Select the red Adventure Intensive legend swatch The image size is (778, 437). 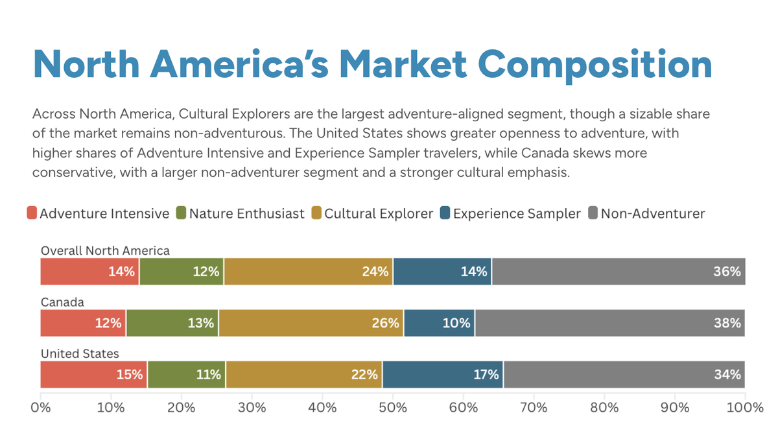coord(32,213)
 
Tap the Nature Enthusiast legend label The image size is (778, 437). coord(246,213)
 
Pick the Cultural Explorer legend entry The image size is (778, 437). coord(379,213)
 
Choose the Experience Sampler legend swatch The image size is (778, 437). coord(445,213)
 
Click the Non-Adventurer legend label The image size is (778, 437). coord(652,213)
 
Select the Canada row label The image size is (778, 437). coord(62,302)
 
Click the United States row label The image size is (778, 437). coord(80,354)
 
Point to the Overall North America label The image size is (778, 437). coord(105,250)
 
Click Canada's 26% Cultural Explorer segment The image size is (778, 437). coord(311,323)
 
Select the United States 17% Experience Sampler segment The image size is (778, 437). coord(443,375)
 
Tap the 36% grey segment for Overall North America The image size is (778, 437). coord(619,271)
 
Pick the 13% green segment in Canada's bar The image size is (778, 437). coord(172,323)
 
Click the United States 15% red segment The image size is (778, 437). coord(94,375)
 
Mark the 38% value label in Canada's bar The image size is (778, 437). coord(727,323)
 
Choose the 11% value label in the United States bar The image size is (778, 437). coord(208,375)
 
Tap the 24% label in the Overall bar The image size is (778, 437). coord(375,271)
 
